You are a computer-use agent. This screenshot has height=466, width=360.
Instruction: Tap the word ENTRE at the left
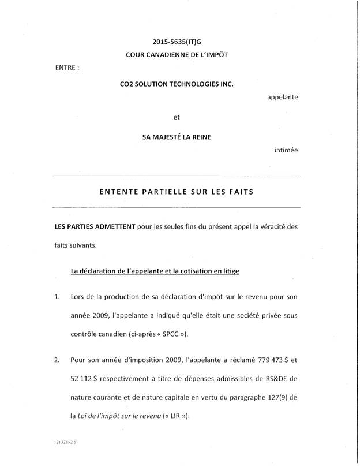coord(66,68)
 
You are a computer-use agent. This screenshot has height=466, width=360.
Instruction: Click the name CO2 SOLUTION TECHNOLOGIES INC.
coord(177,84)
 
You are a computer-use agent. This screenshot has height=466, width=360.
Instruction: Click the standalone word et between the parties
coord(177,118)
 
